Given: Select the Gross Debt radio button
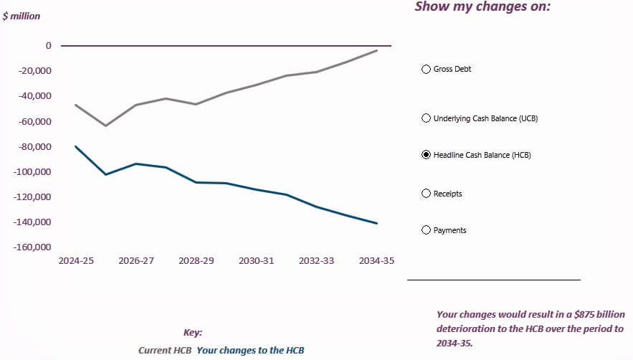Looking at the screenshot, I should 427,70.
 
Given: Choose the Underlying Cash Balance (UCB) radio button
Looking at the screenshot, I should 427,118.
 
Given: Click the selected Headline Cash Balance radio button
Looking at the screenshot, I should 427,155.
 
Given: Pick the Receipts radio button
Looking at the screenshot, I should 427,194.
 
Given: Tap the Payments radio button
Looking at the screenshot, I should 427,230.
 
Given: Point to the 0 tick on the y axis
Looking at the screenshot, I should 49,46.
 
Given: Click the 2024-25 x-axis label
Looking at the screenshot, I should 76,261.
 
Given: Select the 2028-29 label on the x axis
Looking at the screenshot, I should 196,261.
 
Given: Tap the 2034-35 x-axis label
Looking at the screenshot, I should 376,261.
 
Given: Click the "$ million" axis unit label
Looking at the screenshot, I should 22,16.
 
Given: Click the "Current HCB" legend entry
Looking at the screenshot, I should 165,351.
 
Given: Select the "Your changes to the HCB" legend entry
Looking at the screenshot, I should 250,351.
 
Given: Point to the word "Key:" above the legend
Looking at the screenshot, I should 193,333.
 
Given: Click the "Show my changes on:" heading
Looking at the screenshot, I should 482,7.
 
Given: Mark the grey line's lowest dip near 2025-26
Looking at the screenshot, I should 106,125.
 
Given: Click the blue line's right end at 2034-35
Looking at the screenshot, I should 377,223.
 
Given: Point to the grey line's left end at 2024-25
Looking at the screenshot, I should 76,105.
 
